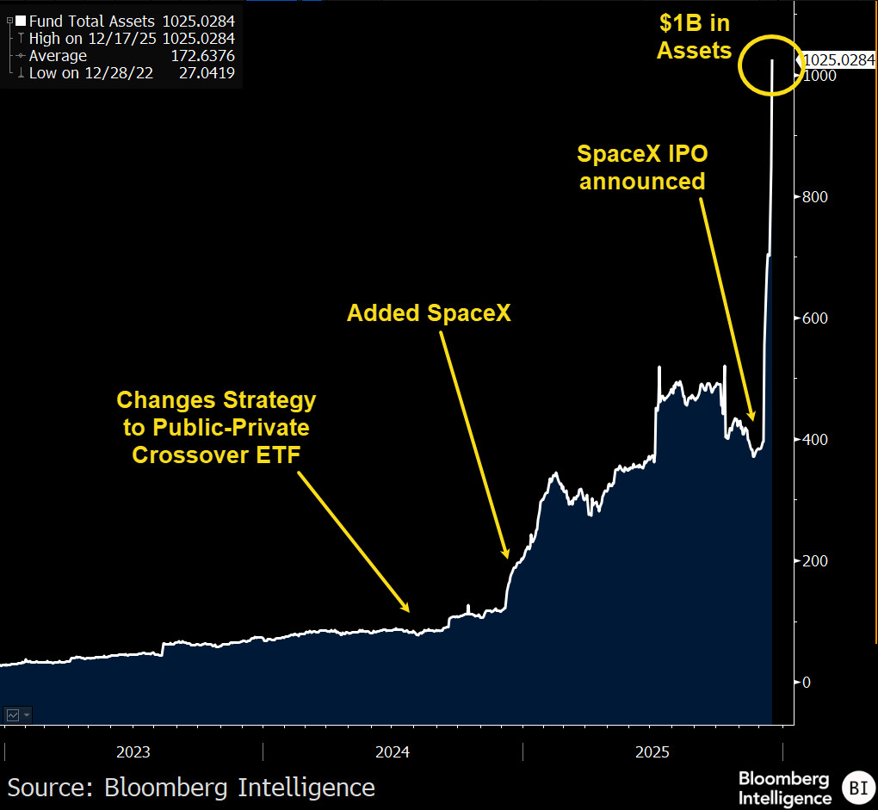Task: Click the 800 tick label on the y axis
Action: (814, 197)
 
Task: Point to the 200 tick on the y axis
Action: (814, 561)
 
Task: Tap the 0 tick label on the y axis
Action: (807, 683)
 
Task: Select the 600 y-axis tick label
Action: (814, 318)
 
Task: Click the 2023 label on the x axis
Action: (133, 751)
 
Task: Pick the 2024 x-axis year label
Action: (393, 751)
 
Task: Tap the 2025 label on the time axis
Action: (652, 751)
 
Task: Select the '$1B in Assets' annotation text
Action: (695, 37)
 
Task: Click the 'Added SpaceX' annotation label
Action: (429, 313)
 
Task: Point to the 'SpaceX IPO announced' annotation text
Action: (642, 167)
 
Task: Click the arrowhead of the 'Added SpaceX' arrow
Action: (507, 554)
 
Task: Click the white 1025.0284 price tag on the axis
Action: (838, 60)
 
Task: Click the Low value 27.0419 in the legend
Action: (207, 73)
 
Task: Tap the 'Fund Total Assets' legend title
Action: (92, 22)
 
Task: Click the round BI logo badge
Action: (858, 788)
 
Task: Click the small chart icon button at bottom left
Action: (18, 714)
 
